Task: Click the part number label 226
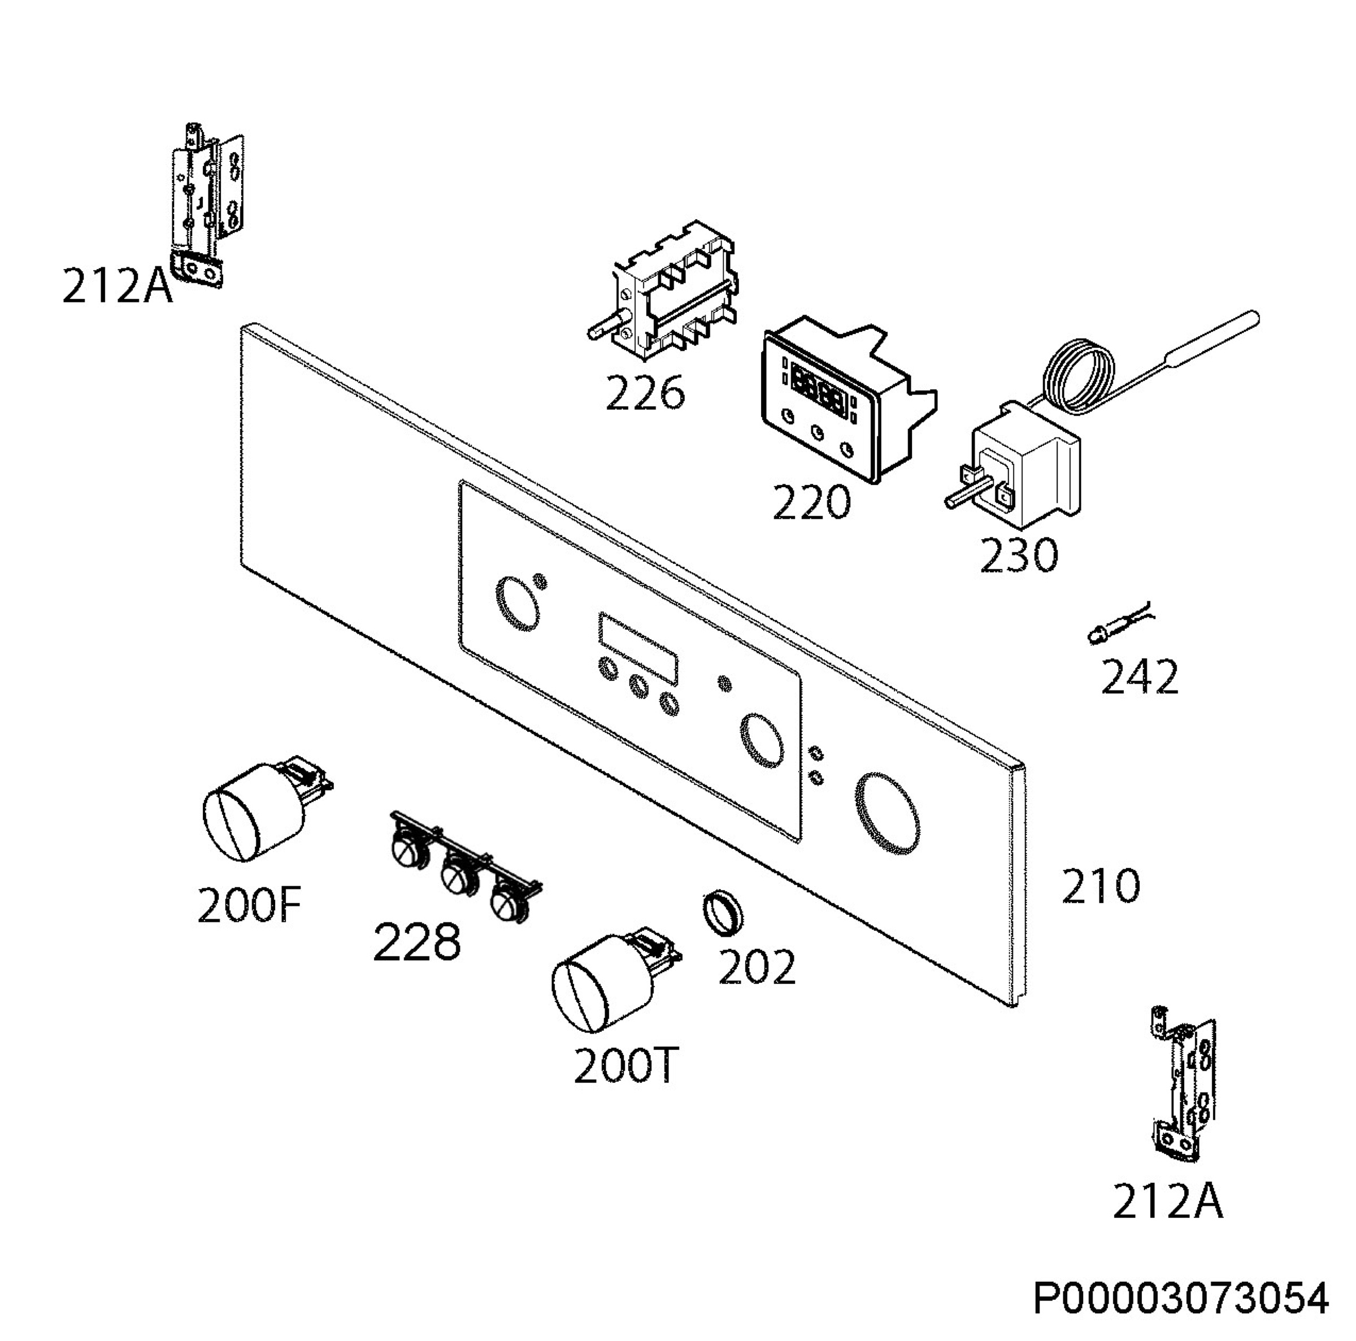pyautogui.click(x=644, y=393)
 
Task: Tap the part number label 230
pyautogui.click(x=1018, y=555)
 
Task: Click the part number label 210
pyautogui.click(x=1100, y=886)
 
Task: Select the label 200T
pyautogui.click(x=625, y=1066)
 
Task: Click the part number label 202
pyautogui.click(x=757, y=967)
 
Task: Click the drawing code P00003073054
pyautogui.click(x=1180, y=1297)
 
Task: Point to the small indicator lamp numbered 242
pyautogui.click(x=1118, y=624)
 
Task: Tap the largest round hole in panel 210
pyautogui.click(x=887, y=814)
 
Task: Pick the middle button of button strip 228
pyautogui.click(x=455, y=875)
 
